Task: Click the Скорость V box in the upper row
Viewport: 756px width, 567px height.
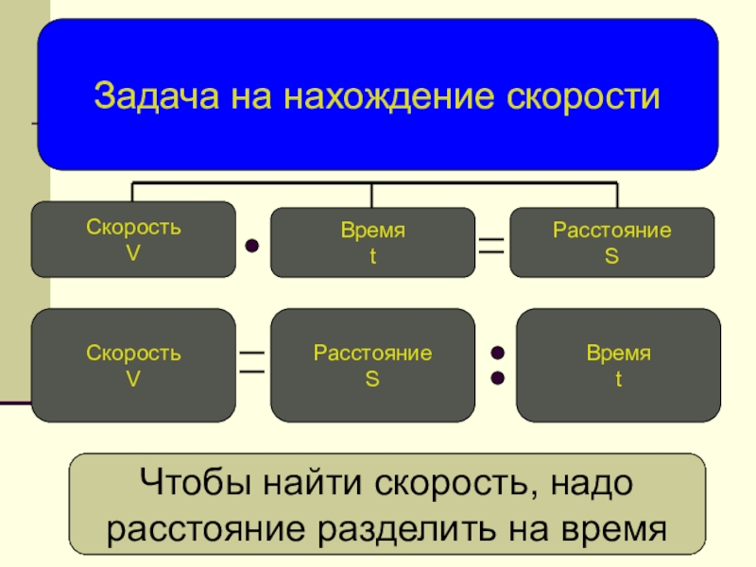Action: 133,239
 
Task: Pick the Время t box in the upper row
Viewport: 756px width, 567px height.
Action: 372,242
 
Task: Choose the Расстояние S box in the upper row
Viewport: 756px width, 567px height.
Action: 611,242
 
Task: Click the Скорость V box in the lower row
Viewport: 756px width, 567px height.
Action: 133,365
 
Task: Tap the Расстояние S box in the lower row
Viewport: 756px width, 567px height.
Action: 372,365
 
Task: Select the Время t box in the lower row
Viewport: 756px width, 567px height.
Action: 618,365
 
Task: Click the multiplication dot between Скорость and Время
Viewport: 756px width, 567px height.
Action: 252,247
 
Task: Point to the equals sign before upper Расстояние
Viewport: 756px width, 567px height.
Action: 491,246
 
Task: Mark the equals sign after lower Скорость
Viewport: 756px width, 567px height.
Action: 252,362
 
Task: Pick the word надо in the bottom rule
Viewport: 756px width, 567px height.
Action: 591,487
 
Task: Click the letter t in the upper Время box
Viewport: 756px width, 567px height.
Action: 372,256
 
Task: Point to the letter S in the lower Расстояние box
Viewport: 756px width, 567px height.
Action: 372,379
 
